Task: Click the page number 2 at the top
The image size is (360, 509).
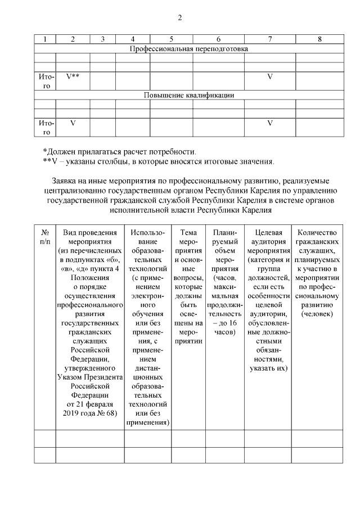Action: click(x=180, y=17)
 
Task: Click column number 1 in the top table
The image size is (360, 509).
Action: click(x=45, y=39)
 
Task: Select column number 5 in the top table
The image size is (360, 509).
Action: click(x=171, y=39)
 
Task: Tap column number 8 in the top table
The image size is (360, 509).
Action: click(x=319, y=39)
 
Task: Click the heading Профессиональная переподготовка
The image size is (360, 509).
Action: click(x=188, y=49)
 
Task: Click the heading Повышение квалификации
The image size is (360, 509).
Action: click(x=188, y=95)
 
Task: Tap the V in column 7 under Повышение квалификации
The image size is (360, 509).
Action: click(x=269, y=123)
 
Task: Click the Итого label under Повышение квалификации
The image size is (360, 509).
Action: click(x=45, y=127)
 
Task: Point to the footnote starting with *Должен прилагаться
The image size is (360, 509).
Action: click(x=120, y=151)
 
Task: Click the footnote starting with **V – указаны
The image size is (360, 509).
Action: click(x=159, y=162)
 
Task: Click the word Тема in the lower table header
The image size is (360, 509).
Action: click(x=188, y=232)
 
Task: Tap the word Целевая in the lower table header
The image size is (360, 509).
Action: click(x=268, y=232)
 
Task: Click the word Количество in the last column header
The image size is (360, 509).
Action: click(x=317, y=232)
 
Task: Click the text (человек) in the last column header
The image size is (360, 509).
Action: click(x=317, y=313)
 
